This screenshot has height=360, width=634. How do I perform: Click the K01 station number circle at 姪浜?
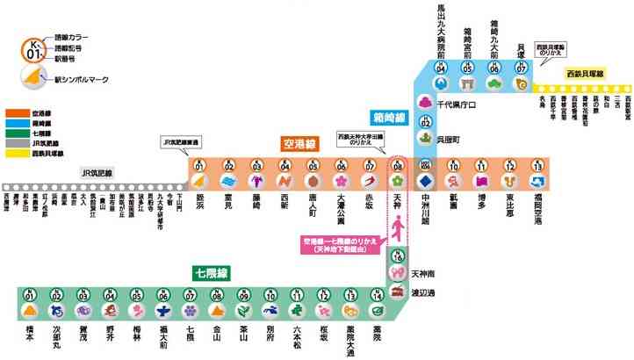(199, 165)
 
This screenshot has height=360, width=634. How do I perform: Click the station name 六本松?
(298, 338)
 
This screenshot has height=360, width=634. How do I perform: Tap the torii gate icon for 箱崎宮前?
(468, 83)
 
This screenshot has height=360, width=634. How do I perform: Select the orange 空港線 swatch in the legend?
(18, 114)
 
